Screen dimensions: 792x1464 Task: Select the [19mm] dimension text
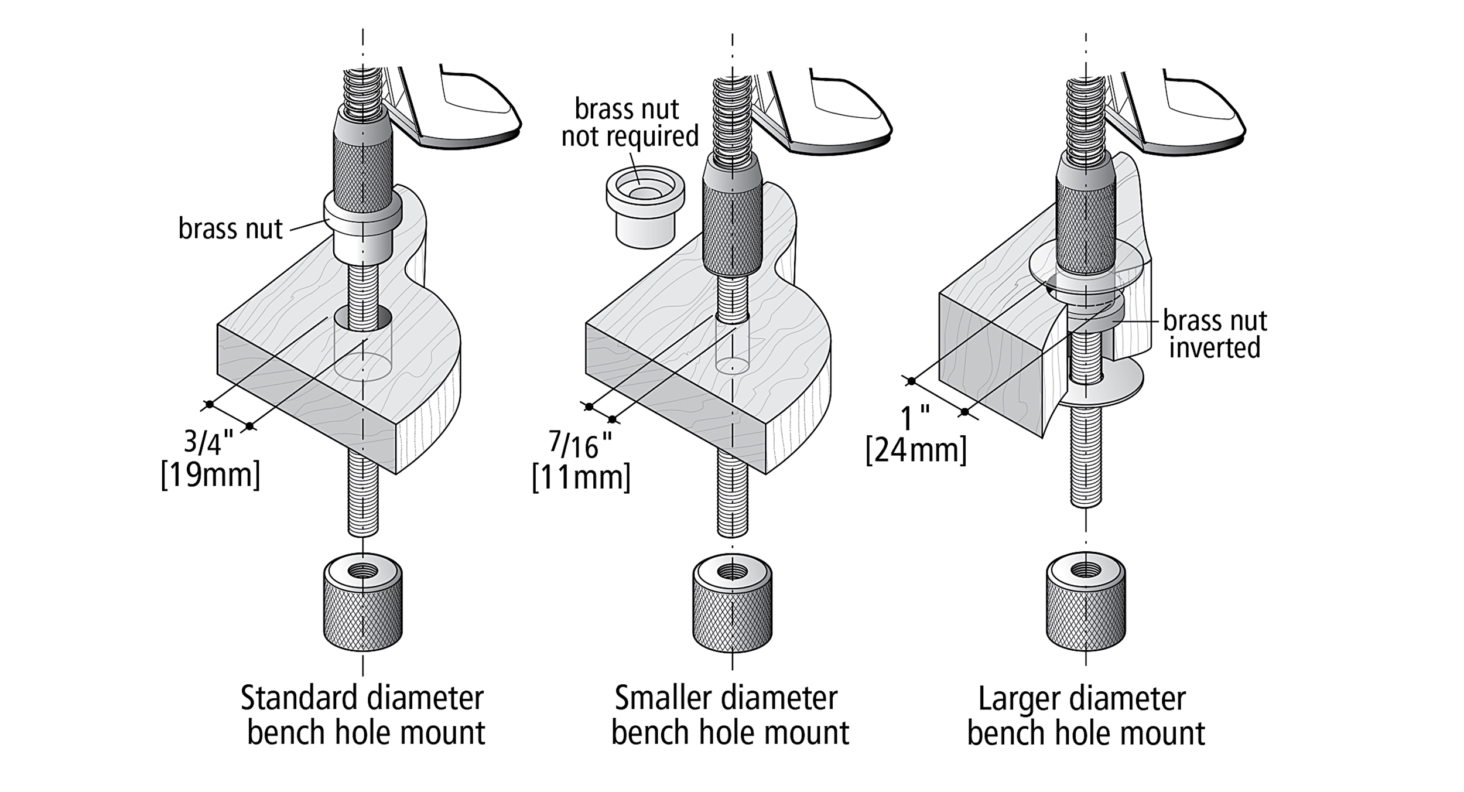pos(210,475)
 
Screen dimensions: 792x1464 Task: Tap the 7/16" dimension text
pos(581,446)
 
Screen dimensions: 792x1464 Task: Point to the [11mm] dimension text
pos(581,477)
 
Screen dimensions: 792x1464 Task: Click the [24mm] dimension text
pos(916,450)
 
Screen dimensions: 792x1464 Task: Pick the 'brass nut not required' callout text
pos(630,123)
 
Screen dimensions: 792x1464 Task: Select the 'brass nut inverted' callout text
pos(1215,334)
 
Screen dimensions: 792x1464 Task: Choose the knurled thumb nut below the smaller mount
pos(732,603)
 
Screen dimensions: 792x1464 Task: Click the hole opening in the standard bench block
pos(363,318)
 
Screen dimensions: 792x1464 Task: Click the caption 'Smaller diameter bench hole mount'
pos(729,715)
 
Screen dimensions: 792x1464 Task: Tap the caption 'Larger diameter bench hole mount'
pos(1085,716)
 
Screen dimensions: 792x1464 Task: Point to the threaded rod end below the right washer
pos(1085,463)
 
